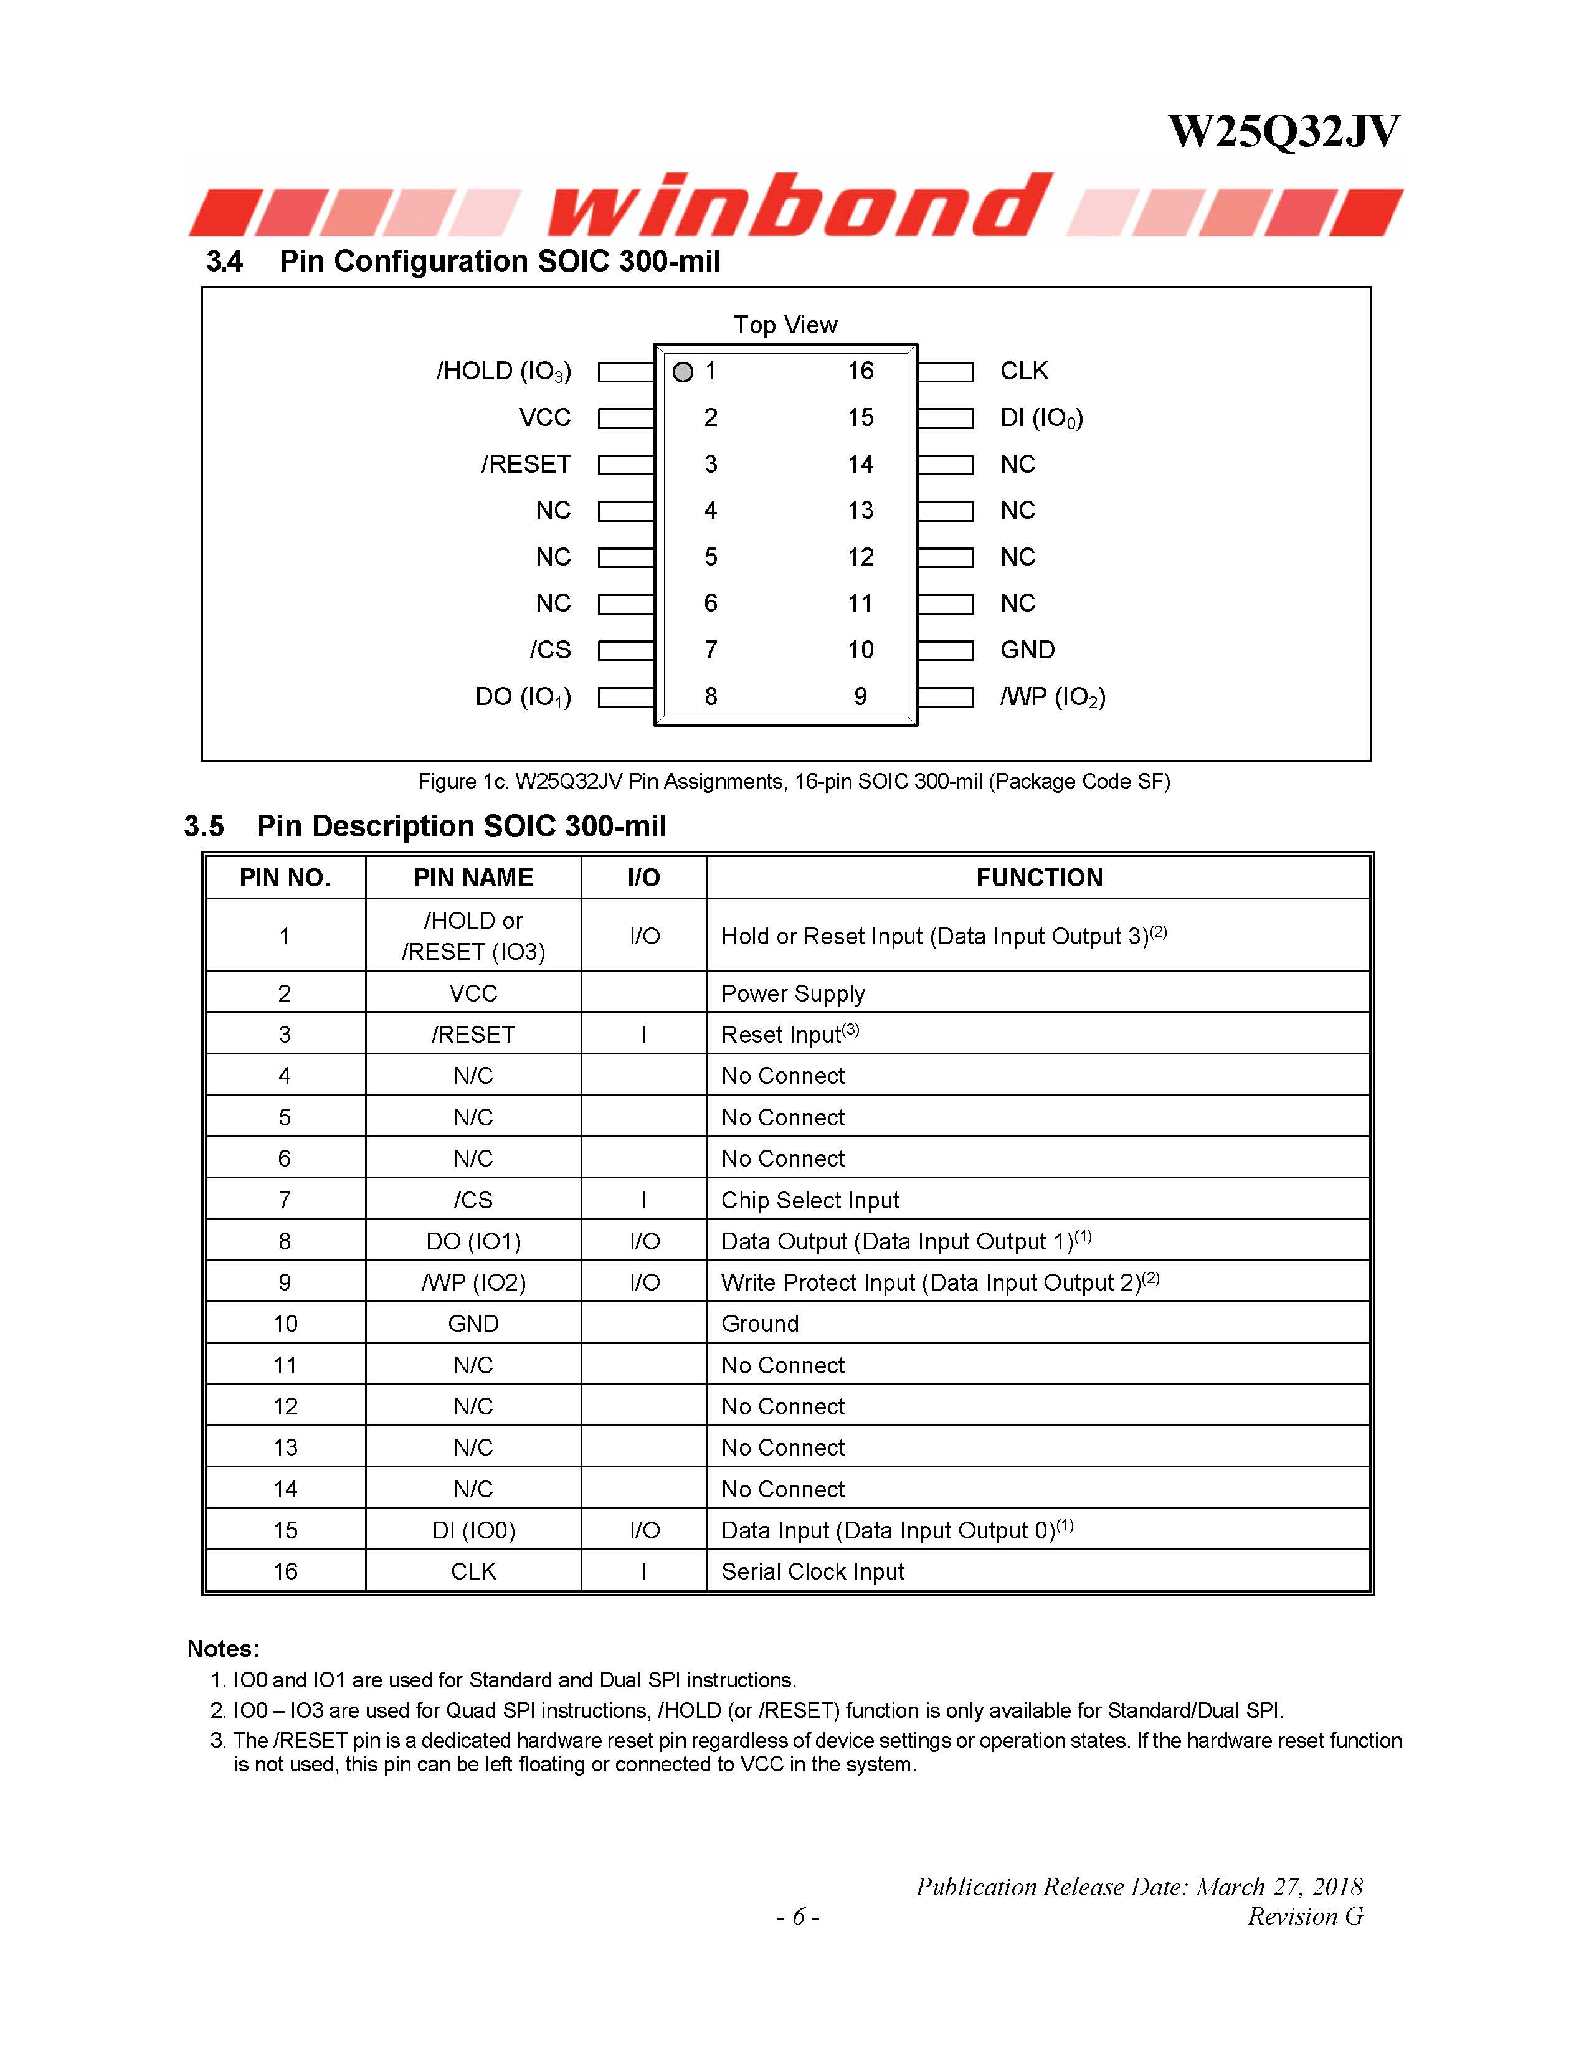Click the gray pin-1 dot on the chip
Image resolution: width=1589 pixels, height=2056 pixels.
pyautogui.click(x=683, y=372)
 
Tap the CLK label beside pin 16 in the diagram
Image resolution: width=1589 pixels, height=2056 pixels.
pyautogui.click(x=1024, y=371)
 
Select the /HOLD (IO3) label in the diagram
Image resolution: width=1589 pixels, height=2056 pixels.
pyautogui.click(x=504, y=372)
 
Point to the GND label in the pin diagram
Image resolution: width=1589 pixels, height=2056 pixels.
pyautogui.click(x=1027, y=650)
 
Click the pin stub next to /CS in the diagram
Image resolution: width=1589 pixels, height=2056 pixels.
pyautogui.click(x=626, y=650)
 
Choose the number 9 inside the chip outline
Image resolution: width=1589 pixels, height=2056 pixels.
pyautogui.click(x=860, y=696)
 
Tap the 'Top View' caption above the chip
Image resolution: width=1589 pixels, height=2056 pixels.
pyautogui.click(x=785, y=325)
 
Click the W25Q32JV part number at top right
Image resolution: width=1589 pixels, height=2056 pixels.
pyautogui.click(x=1283, y=132)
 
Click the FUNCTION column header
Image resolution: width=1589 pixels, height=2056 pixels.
pyautogui.click(x=1038, y=878)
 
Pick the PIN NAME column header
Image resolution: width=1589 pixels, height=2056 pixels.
pyautogui.click(x=473, y=878)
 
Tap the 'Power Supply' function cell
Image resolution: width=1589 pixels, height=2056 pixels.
pyautogui.click(x=792, y=993)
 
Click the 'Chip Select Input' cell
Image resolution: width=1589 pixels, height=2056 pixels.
pyautogui.click(x=810, y=1200)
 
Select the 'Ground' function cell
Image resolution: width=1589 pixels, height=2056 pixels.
pyautogui.click(x=760, y=1324)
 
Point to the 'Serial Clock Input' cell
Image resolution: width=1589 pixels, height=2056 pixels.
pyautogui.click(x=812, y=1571)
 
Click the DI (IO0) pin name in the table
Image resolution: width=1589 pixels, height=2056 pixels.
pyautogui.click(x=473, y=1531)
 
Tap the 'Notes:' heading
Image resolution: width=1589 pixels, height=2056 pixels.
pyautogui.click(x=223, y=1649)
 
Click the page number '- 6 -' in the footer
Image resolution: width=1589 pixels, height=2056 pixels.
pyautogui.click(x=797, y=1916)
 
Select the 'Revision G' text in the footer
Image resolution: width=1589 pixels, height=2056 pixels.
pyautogui.click(x=1305, y=1916)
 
